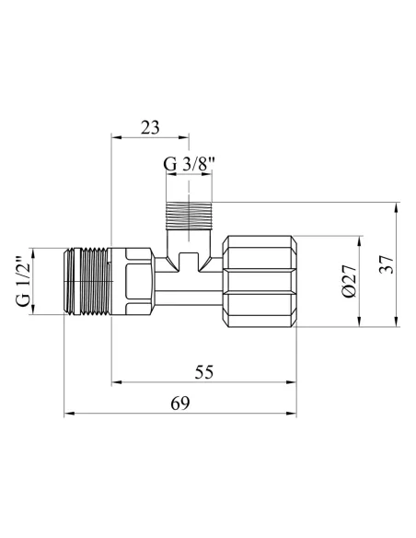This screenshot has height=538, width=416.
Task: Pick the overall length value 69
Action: coord(181,403)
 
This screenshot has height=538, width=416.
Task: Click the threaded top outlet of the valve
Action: coord(188,216)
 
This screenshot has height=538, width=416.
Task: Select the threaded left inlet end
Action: coord(85,282)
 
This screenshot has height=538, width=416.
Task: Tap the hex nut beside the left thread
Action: coord(132,282)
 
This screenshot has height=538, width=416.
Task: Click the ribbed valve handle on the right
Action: coord(263,282)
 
